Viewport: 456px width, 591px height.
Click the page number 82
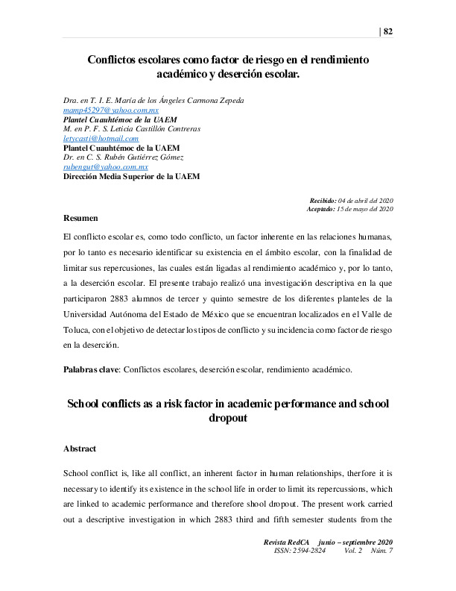(388, 31)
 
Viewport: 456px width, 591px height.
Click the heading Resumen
(80, 218)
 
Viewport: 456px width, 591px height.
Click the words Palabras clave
(91, 369)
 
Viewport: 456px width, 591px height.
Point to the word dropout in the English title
(227, 419)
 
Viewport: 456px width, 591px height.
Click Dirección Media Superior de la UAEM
(131, 176)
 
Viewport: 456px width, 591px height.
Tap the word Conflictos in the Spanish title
(118, 60)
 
